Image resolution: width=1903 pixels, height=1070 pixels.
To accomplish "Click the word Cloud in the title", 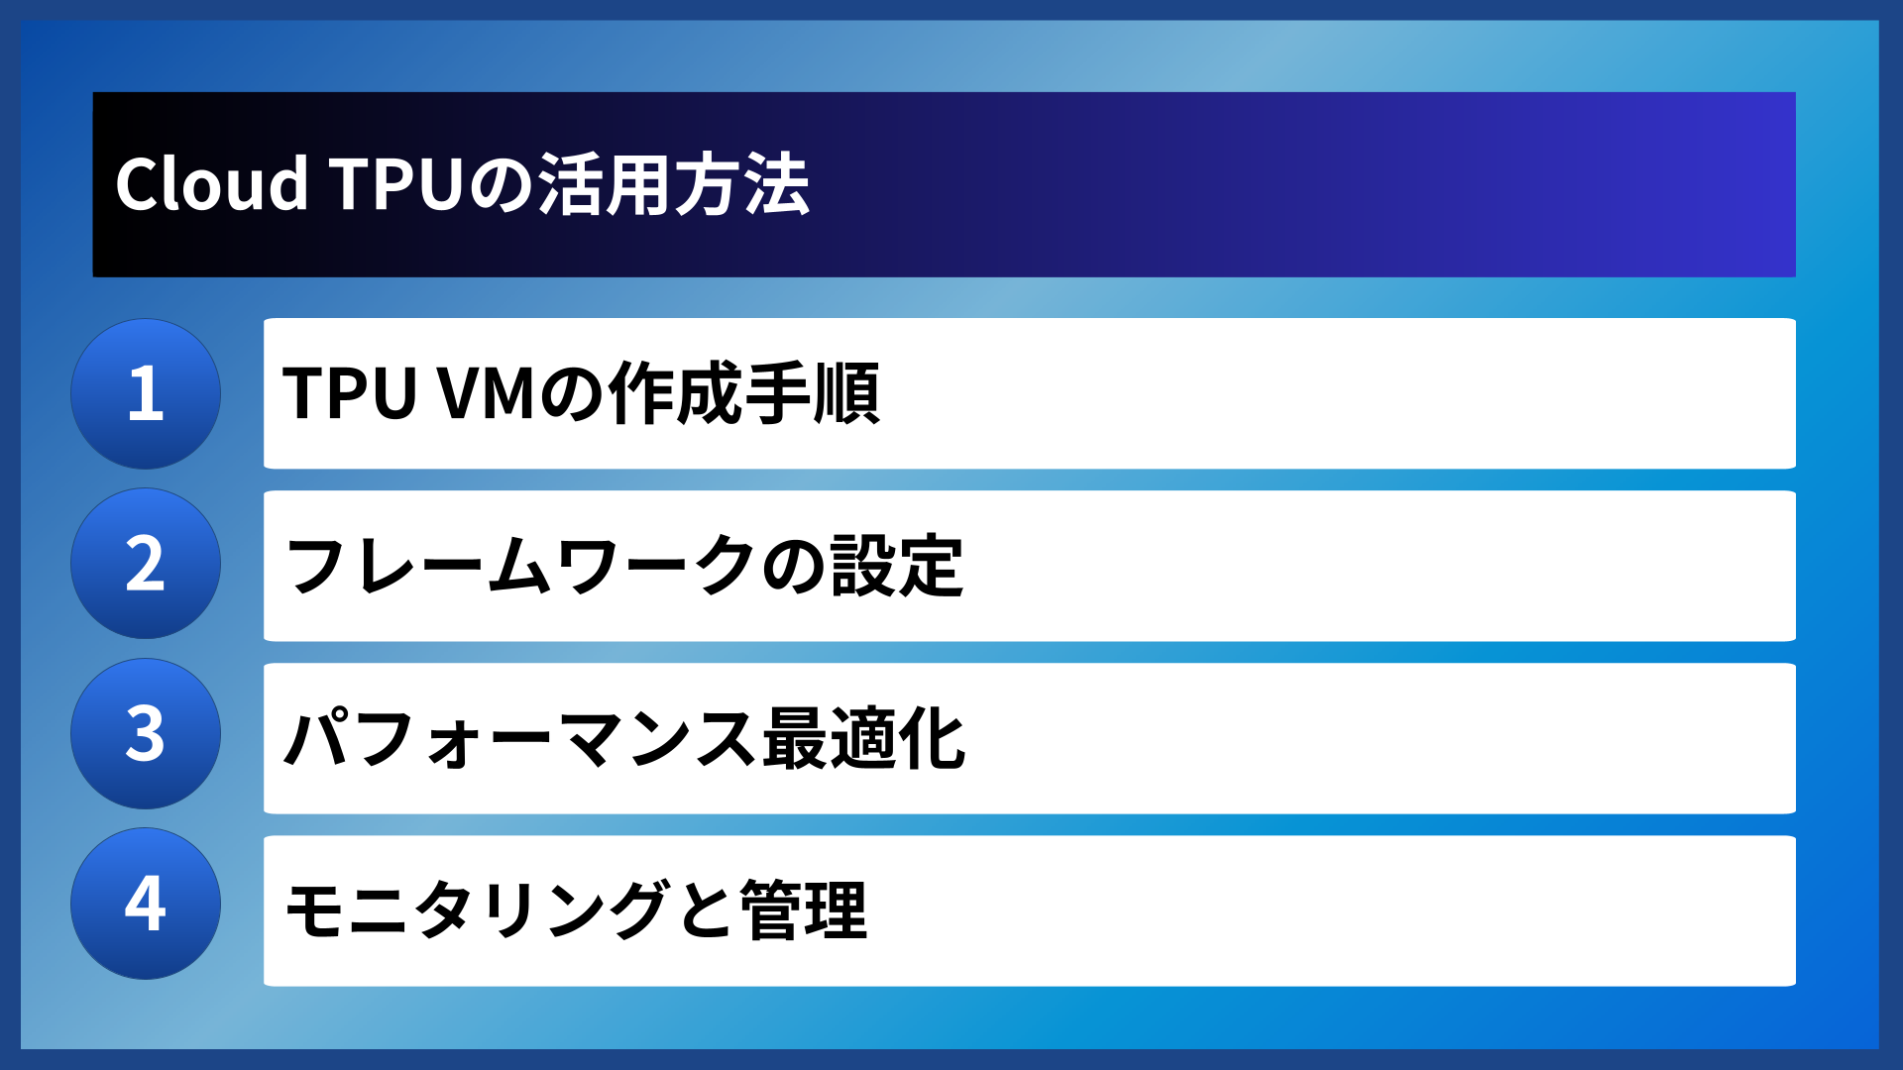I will pos(211,184).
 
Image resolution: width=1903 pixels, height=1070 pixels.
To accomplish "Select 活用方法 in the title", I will pos(674,184).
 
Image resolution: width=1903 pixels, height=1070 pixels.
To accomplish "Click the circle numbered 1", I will pos(146,393).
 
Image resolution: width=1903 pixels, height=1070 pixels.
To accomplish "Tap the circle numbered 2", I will pos(146,564).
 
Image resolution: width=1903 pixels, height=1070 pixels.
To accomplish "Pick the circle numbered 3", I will pos(146,734).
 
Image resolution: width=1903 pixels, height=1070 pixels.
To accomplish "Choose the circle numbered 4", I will pos(146,904).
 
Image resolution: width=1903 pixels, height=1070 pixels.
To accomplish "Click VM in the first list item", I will pos(487,393).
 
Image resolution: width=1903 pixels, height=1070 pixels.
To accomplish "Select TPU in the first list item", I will pos(349,393).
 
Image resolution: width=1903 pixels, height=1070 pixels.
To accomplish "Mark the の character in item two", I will pos(794,566).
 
